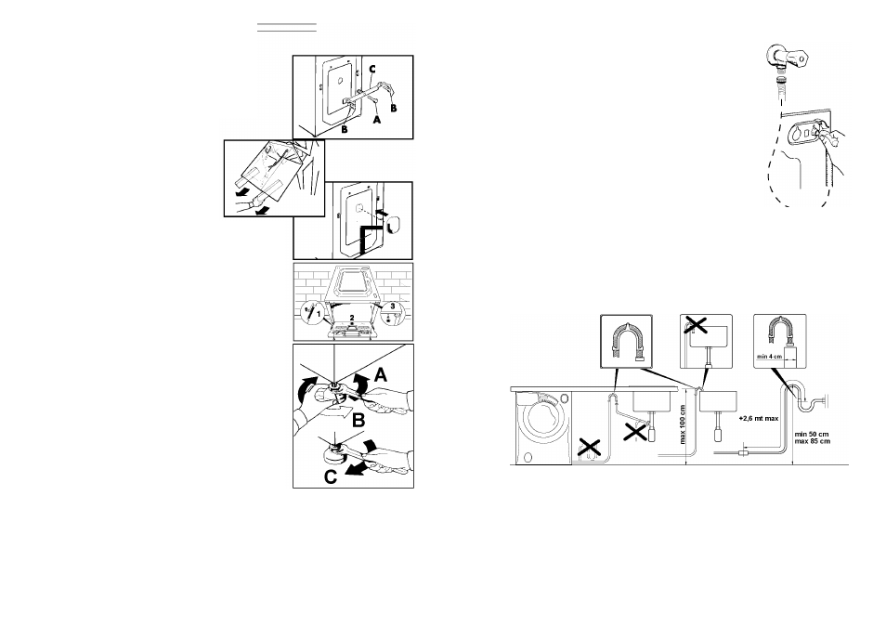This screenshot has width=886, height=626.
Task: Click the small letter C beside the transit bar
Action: [372, 70]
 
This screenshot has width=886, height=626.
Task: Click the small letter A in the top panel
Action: [377, 119]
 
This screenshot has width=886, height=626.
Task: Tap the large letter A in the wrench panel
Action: [381, 374]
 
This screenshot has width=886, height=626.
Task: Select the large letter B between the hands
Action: [358, 421]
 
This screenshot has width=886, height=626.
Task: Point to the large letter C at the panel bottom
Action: [331, 476]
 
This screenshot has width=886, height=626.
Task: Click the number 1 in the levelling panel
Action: [319, 313]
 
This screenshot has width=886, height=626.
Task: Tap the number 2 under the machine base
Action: [352, 318]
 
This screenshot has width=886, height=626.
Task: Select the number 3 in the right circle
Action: [393, 306]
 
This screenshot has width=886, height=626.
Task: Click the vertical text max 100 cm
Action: [683, 424]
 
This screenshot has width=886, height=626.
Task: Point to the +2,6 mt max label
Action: [758, 419]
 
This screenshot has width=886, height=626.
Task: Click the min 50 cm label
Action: [812, 434]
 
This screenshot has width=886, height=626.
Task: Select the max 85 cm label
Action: [812, 440]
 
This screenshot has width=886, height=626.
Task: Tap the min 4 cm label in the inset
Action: [769, 357]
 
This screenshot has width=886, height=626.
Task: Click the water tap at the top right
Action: [788, 57]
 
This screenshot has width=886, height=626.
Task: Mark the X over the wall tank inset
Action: [696, 324]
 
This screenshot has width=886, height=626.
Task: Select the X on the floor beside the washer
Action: [589, 448]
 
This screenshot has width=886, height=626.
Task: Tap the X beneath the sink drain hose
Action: [635, 433]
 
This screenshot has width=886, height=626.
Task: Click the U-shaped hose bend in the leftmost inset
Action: [626, 339]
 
